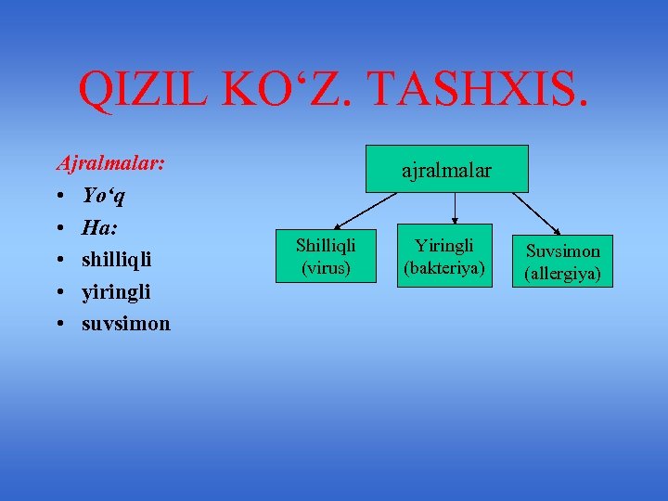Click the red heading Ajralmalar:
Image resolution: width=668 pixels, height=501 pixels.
coord(110,163)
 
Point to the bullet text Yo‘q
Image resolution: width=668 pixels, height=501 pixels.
coord(104,196)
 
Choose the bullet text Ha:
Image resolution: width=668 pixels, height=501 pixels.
coord(99,227)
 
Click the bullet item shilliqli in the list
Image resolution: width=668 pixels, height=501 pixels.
coord(116,260)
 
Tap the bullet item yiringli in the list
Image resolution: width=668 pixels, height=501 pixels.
coord(116,292)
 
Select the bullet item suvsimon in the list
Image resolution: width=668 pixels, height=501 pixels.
coord(126,324)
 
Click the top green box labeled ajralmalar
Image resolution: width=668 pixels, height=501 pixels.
coord(446,169)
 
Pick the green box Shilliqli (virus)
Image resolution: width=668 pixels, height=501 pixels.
coord(326,255)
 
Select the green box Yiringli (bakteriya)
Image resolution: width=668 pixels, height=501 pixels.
coord(444,256)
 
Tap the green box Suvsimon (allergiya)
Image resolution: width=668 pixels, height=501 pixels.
coord(562,262)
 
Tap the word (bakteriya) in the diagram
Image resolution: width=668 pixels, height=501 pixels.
coord(444,267)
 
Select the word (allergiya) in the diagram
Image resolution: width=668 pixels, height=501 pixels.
coord(562,273)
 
